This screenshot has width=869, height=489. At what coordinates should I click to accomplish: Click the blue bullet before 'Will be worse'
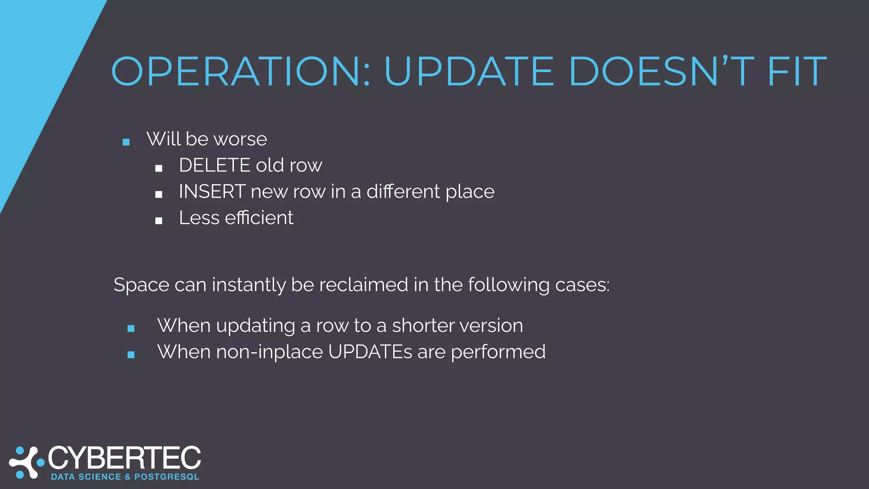tap(126, 142)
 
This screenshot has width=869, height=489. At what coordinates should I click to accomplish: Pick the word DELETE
tap(215, 165)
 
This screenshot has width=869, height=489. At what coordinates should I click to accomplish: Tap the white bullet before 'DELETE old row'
tap(159, 169)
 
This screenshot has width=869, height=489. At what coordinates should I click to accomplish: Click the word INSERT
tap(212, 191)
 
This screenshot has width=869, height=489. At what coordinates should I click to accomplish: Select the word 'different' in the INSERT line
tap(404, 191)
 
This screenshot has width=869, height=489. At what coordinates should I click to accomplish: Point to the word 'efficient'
tap(259, 218)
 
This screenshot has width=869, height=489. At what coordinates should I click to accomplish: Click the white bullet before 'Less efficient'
tap(159, 221)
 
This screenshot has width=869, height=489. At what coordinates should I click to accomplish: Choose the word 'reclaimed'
tap(364, 285)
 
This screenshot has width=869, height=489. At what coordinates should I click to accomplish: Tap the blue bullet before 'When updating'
tap(131, 328)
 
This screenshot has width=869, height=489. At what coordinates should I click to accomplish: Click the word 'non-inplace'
tap(269, 352)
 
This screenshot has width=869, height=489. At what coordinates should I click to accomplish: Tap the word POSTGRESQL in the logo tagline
tap(167, 477)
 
